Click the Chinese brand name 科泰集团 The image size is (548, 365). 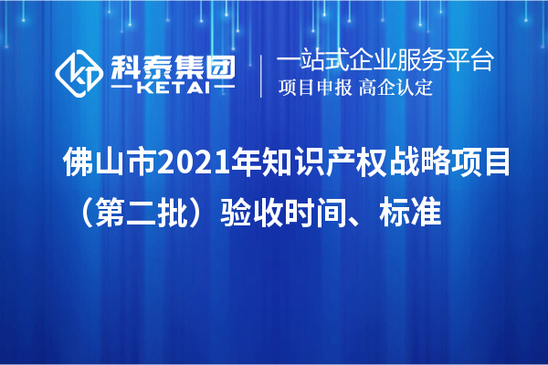pos(170,64)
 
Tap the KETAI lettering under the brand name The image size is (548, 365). pos(170,88)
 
